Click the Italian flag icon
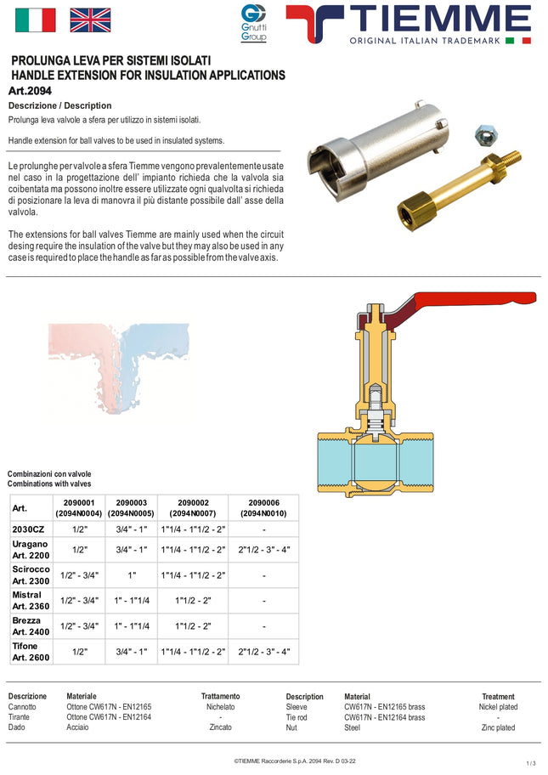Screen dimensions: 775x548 [x=36, y=20]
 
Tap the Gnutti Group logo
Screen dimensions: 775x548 [x=253, y=22]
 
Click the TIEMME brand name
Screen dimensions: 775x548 [x=440, y=18]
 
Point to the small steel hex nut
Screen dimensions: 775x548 [x=489, y=133]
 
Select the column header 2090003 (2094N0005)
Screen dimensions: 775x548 [x=132, y=508]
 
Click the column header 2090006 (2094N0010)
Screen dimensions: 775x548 [x=263, y=508]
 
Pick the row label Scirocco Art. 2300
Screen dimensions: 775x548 [x=31, y=574]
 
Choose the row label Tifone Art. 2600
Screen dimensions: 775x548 [x=31, y=652]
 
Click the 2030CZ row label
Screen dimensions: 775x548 [x=28, y=529]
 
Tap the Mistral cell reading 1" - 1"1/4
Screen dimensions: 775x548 [x=132, y=601]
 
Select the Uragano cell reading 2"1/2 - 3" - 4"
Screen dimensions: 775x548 [x=263, y=550]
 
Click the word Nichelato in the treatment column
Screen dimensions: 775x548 [x=220, y=707]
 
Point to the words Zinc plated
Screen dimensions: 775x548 [x=498, y=727]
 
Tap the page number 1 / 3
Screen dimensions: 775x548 [x=530, y=763]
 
